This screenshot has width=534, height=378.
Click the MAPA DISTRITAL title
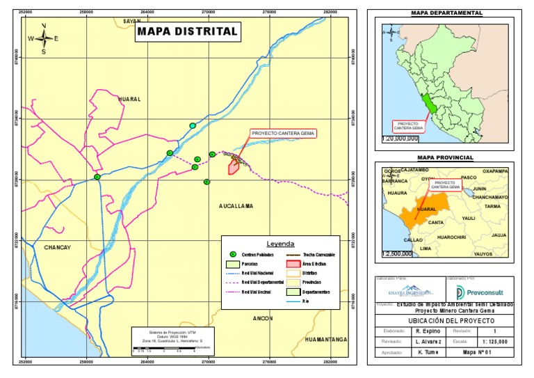point(187,31)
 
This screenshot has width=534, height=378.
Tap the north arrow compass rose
point(44,38)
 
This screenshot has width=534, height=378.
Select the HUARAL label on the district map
point(129,100)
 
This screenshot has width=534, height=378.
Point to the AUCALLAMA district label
point(236,206)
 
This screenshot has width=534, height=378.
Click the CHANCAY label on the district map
point(58,247)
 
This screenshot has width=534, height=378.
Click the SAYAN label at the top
point(132,22)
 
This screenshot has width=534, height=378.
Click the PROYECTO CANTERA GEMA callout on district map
point(283,133)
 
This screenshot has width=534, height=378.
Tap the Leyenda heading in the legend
point(281,244)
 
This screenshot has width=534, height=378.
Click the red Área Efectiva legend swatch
point(293,264)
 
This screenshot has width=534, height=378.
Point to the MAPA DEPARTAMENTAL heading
point(446,13)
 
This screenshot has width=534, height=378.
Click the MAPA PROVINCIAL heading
point(446,158)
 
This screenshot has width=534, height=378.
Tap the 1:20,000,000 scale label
point(400,139)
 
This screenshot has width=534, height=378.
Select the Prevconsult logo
point(479,291)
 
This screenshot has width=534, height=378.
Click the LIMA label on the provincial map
point(426,248)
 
